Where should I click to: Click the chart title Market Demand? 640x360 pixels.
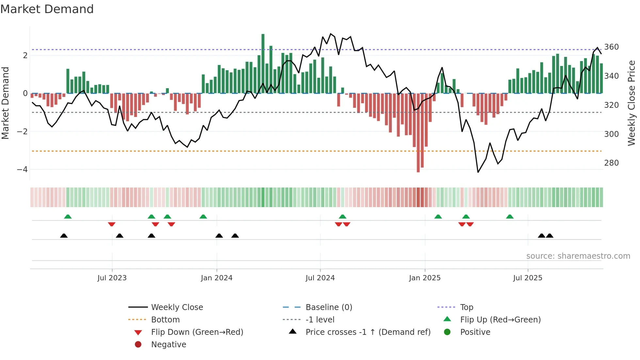pyautogui.click(x=47, y=9)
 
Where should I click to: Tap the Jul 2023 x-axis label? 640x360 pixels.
pyautogui.click(x=112, y=278)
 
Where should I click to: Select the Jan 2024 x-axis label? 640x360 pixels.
pyautogui.click(x=216, y=278)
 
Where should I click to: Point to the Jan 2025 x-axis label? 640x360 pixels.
pyautogui.click(x=424, y=278)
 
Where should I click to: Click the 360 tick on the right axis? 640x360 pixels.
pyautogui.click(x=611, y=47)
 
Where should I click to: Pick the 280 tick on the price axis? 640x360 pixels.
pyautogui.click(x=611, y=163)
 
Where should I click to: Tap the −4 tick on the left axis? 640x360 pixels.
pyautogui.click(x=22, y=170)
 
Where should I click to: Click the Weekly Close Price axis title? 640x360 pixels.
pyautogui.click(x=632, y=103)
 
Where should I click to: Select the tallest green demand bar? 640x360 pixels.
pyautogui.click(x=263, y=64)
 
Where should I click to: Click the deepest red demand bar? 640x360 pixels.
pyautogui.click(x=418, y=132)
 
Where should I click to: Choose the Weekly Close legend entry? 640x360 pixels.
pyautogui.click(x=177, y=307)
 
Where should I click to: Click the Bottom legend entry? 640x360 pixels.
pyautogui.click(x=165, y=320)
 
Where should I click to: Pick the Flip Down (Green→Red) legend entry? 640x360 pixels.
pyautogui.click(x=197, y=332)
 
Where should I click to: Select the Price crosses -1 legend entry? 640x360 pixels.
pyautogui.click(x=368, y=332)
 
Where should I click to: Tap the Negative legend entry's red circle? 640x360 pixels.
pyautogui.click(x=138, y=345)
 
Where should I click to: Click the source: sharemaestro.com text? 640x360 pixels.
pyautogui.click(x=578, y=256)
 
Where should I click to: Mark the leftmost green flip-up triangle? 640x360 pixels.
pyautogui.click(x=68, y=217)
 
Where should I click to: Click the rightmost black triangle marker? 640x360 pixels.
pyautogui.click(x=550, y=236)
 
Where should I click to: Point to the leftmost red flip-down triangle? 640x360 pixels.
pyautogui.click(x=112, y=224)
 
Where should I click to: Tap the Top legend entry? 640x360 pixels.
pyautogui.click(x=466, y=307)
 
